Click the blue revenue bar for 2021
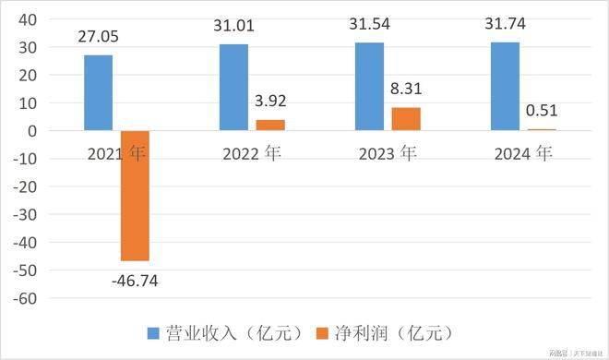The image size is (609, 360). tap(98, 92)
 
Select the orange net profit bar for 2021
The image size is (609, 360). tap(135, 196)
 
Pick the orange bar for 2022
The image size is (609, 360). tap(271, 126)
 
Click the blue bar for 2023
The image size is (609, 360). tap(370, 86)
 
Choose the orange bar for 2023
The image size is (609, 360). tap(407, 119)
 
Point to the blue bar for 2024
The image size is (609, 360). tap(506, 86)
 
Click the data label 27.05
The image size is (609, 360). tap(100, 37)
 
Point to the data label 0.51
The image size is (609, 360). tap(543, 113)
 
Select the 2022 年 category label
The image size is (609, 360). tap(251, 153)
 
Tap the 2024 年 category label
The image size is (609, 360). tap(522, 153)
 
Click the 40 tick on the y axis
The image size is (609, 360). tap(27, 19)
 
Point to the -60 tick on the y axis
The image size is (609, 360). tap(24, 298)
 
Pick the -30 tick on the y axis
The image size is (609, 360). tap(24, 215)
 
